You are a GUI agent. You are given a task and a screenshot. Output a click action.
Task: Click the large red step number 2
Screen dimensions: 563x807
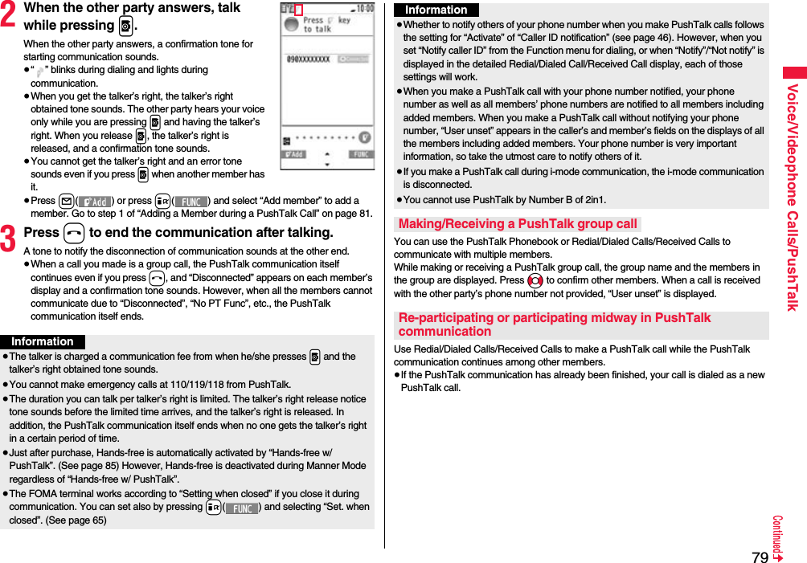point(11,16)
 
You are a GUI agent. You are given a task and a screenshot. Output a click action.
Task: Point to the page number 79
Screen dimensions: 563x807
point(760,555)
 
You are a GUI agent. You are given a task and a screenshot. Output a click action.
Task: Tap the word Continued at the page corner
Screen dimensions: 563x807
point(778,537)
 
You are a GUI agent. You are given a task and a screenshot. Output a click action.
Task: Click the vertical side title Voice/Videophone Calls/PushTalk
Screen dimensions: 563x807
point(792,197)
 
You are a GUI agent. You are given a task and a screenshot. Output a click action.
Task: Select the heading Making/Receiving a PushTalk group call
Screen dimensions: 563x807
point(518,224)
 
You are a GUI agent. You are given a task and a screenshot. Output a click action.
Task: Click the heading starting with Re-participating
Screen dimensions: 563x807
point(555,324)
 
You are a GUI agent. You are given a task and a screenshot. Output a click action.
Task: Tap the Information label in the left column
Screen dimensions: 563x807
point(42,341)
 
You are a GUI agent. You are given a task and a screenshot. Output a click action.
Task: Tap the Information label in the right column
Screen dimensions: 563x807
point(436,10)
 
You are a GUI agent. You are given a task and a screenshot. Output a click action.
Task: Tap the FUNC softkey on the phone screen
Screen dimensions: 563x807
point(360,154)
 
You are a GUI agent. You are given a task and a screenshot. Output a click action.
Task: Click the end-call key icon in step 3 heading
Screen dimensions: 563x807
point(74,233)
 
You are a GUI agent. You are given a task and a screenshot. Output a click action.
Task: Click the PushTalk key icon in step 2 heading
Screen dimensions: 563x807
point(125,25)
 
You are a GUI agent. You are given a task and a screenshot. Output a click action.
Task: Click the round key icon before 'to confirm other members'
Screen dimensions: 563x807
point(535,280)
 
